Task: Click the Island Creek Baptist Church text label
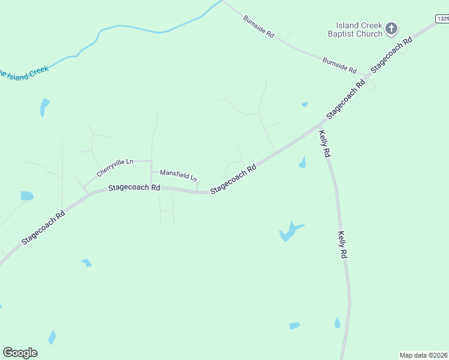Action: (355, 29)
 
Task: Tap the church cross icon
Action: (391, 28)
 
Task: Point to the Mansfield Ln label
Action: (178, 175)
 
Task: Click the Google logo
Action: (20, 353)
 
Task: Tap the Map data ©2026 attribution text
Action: (423, 355)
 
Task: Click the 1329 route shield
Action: (442, 19)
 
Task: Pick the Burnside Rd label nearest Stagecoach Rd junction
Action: (340, 64)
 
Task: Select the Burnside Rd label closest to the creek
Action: (259, 28)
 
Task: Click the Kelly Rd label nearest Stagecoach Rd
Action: (325, 144)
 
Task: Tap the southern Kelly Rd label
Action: (343, 245)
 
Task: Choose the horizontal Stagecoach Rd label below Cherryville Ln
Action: (134, 188)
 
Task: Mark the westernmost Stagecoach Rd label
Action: (43, 227)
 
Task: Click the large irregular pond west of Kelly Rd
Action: (289, 232)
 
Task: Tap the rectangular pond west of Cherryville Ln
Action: (27, 196)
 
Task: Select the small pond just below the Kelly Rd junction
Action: (303, 163)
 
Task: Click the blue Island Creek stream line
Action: (138, 28)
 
